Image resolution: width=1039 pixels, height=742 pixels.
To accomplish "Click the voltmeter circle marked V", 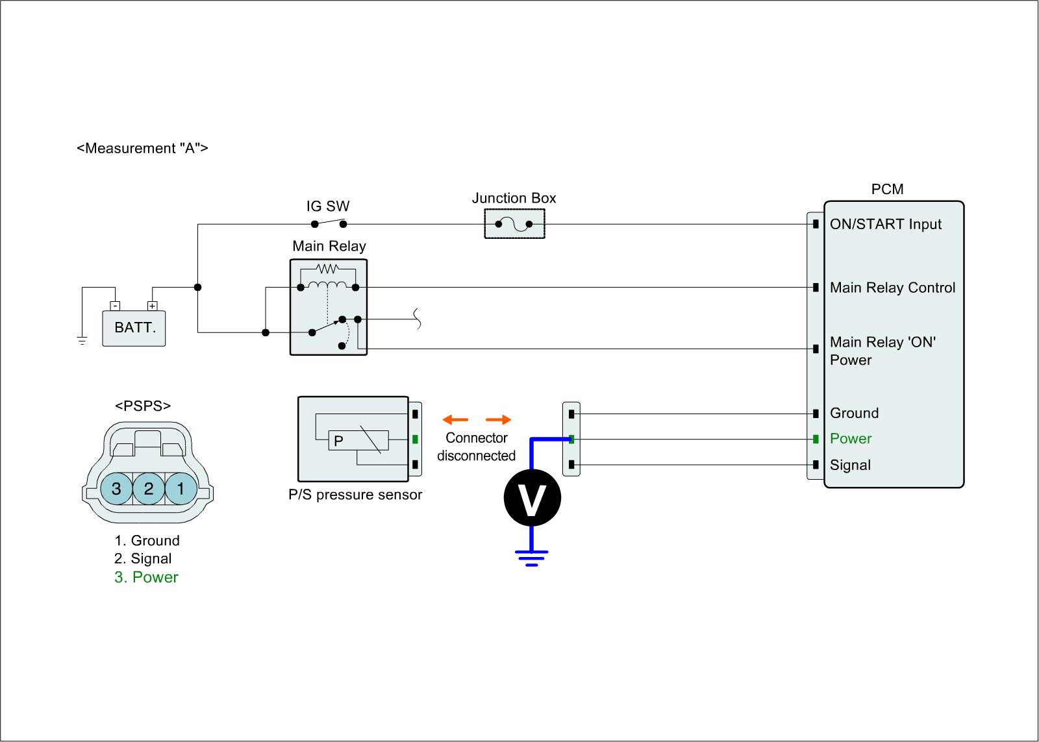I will point(532,499).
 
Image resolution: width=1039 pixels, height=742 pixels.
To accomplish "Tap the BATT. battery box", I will point(134,328).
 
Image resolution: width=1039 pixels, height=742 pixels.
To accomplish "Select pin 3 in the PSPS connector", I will point(116,488).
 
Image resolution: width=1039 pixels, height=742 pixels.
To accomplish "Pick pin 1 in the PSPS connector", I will point(181,488).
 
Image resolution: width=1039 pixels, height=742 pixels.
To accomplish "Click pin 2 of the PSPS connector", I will point(149,488).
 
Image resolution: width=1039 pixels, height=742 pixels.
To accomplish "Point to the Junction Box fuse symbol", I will point(514,225).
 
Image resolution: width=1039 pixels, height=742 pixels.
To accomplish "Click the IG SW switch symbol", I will point(329,223).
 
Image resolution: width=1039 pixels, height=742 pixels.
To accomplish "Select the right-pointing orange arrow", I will point(498,420).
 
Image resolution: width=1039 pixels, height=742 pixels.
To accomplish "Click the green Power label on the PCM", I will point(851,439).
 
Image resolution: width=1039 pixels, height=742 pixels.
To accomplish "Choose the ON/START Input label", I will point(885,225).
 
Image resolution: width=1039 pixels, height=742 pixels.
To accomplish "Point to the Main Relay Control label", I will point(892,288).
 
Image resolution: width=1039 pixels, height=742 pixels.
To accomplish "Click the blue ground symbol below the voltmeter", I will point(532,557).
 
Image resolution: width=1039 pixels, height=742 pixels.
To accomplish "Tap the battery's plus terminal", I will point(152,306).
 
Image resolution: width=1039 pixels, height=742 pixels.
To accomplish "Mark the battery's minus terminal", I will point(115,306).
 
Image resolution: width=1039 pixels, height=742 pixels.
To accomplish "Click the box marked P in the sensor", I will point(358,441).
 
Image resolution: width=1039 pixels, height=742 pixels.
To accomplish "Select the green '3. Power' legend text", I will point(146,577).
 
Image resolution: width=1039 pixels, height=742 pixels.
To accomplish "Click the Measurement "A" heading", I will point(143,148).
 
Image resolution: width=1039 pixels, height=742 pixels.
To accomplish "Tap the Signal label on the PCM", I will point(850,465).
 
